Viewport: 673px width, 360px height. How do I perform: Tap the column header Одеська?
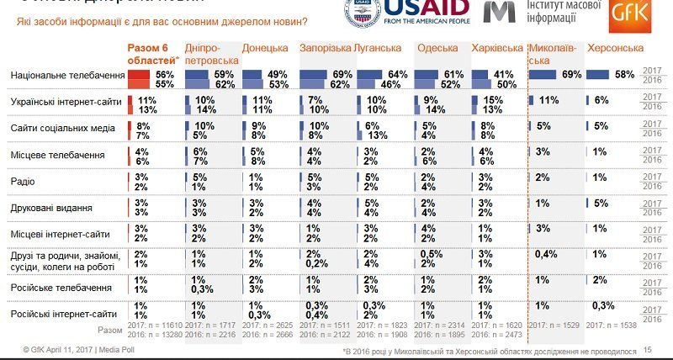point(437,48)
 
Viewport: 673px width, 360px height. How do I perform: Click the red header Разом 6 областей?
point(152,54)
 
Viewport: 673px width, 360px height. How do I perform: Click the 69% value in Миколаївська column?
point(571,75)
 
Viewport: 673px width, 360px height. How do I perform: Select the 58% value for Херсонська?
point(624,75)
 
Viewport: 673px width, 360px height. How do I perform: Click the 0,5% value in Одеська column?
point(431,254)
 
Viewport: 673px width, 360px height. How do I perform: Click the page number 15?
point(648,349)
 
